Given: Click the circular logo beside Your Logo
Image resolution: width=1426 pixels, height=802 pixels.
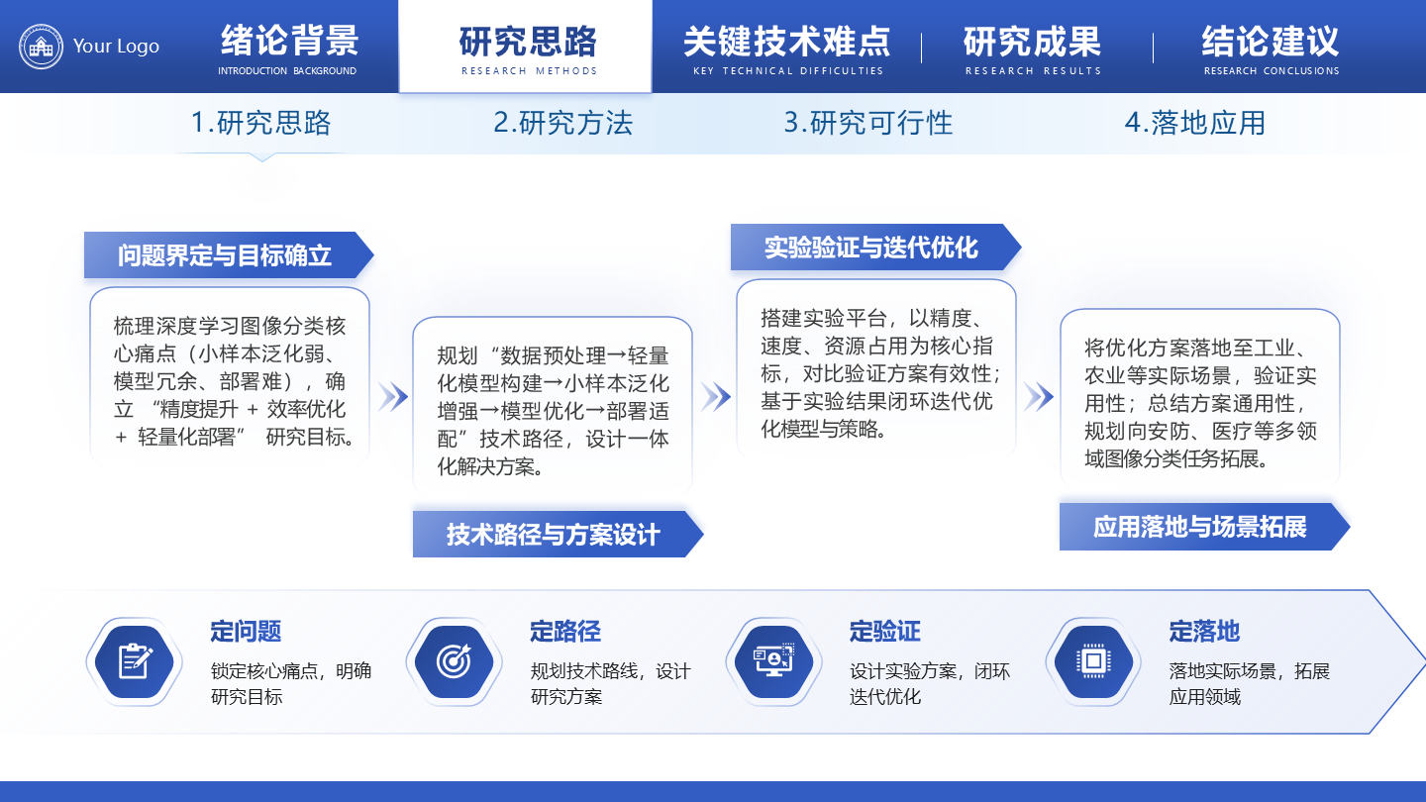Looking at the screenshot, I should [x=42, y=46].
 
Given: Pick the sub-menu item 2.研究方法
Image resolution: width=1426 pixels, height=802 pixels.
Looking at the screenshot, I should [x=562, y=123].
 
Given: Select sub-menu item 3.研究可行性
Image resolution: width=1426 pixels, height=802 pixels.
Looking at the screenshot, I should [x=867, y=123].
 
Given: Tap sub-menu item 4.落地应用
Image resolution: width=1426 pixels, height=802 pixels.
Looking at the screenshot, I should [x=1194, y=123].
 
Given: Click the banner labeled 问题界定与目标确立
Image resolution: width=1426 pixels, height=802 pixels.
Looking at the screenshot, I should [x=226, y=255].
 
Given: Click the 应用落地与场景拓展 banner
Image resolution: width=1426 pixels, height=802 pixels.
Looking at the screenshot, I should [x=1201, y=527].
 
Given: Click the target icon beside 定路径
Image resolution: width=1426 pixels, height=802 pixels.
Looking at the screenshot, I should [x=454, y=661].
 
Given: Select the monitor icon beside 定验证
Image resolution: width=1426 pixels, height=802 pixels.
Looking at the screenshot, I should [x=773, y=661].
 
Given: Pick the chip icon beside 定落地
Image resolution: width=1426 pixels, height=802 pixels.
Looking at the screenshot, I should [x=1093, y=661].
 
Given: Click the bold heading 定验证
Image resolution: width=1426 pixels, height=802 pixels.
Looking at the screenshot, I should [x=884, y=632].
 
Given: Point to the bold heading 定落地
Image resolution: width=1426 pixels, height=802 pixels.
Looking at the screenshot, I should [x=1204, y=632].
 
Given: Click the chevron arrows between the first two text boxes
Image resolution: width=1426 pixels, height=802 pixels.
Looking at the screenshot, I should [x=392, y=397].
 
